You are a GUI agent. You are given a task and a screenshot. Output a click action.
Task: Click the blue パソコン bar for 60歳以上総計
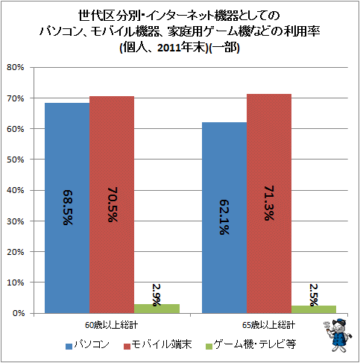[67, 208]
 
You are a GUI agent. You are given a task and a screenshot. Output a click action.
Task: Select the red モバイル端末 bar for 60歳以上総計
[112, 205]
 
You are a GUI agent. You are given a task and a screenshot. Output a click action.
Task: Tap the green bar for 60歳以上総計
[157, 309]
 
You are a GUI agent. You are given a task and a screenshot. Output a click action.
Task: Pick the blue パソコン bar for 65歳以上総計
[224, 218]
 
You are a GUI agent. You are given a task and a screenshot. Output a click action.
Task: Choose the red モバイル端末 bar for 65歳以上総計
[269, 203]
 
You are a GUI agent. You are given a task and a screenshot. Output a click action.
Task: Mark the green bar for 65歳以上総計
[314, 309]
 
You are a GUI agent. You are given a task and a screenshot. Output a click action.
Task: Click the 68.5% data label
[68, 208]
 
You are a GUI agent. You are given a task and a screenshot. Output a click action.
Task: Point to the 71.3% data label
[269, 203]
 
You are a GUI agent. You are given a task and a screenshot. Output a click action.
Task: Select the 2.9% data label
[157, 295]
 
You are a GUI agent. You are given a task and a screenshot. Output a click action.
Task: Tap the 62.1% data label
[224, 218]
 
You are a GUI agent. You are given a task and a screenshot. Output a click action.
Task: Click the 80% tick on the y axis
[16, 67]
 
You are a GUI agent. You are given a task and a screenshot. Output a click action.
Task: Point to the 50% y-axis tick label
[16, 160]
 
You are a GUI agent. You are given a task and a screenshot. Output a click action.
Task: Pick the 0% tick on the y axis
[18, 313]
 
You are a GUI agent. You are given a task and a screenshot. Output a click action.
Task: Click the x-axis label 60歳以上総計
[111, 325]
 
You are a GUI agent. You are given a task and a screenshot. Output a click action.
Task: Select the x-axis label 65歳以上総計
[269, 325]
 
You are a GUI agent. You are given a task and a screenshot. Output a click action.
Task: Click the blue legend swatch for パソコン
[69, 347]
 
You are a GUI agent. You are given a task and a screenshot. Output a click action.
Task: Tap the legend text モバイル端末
[162, 344]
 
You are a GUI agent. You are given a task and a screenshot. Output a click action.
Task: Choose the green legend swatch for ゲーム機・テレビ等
[209, 347]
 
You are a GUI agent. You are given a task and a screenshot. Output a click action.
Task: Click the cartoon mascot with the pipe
[338, 335]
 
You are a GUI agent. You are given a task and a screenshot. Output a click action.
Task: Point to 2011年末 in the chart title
[181, 48]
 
